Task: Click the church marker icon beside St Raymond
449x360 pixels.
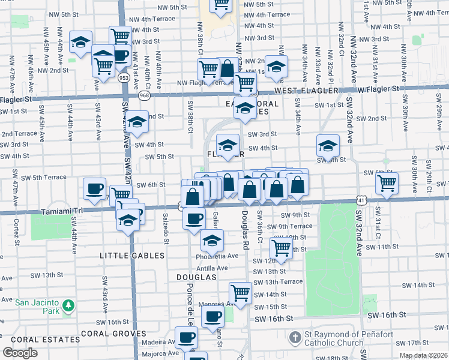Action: click(295, 337)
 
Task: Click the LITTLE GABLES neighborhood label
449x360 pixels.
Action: click(132, 256)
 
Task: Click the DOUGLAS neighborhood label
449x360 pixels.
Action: click(196, 277)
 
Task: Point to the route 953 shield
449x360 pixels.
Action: click(124, 77)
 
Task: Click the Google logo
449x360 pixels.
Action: click(20, 352)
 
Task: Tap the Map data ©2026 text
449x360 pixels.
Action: click(423, 355)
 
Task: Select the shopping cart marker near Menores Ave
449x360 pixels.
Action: click(240, 294)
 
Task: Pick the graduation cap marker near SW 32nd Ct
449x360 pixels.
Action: click(328, 145)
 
